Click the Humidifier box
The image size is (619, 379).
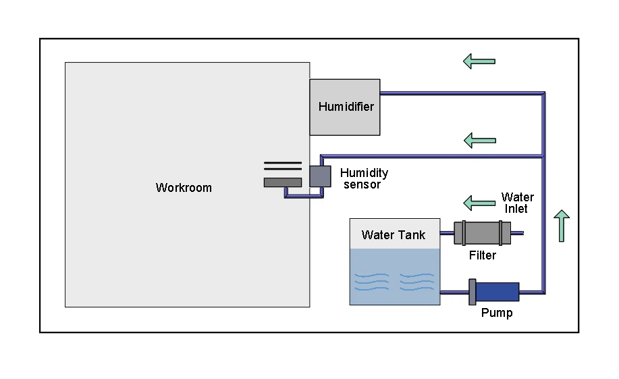click(345, 107)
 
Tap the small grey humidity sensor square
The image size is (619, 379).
click(320, 176)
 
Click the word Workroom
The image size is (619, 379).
click(184, 188)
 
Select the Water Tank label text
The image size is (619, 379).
click(394, 235)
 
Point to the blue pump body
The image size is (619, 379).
click(498, 292)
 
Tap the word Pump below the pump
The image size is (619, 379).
click(497, 313)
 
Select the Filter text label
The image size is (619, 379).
click(483, 255)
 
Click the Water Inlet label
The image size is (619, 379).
click(517, 203)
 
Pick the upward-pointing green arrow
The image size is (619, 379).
click(562, 226)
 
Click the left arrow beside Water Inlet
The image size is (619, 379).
click(479, 202)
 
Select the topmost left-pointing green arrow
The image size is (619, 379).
click(479, 61)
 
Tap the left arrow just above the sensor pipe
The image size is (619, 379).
click(479, 141)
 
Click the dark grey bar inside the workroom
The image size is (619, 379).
click(282, 182)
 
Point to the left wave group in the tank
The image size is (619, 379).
click(373, 281)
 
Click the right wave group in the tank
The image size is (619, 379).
click(416, 281)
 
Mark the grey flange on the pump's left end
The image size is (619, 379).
click(473, 292)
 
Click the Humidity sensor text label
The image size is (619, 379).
click(364, 178)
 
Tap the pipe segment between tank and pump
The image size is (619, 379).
click(454, 293)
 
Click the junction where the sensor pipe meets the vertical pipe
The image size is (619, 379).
click(543, 156)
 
